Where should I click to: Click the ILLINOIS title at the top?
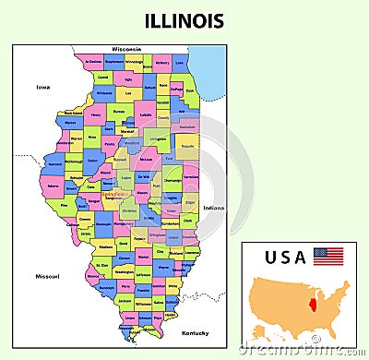[184, 20]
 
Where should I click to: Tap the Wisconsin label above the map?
[126, 48]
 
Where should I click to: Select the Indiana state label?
[213, 208]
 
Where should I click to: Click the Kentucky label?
[195, 332]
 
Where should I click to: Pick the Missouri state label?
[47, 276]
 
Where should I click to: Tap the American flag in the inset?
[327, 256]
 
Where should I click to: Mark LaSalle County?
[146, 115]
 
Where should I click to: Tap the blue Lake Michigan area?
[210, 69]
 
